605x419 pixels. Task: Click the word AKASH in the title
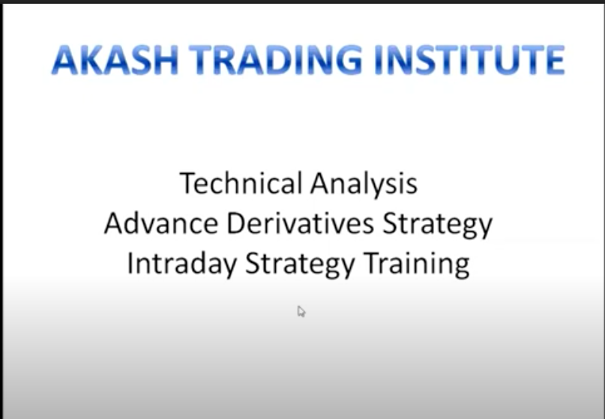[115, 60]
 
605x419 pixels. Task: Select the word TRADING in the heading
[275, 60]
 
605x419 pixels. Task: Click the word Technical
[241, 183]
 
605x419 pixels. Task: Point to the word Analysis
[364, 185]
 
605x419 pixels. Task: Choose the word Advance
[161, 223]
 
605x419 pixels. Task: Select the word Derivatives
[300, 223]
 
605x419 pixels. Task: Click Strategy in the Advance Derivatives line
[438, 226]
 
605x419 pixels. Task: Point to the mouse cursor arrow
[301, 311]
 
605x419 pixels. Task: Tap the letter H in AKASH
[166, 60]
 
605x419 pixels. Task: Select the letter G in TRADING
[349, 60]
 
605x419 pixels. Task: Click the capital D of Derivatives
[236, 223]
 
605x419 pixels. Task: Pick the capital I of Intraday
[129, 264]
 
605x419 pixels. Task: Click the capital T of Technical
[188, 183]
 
